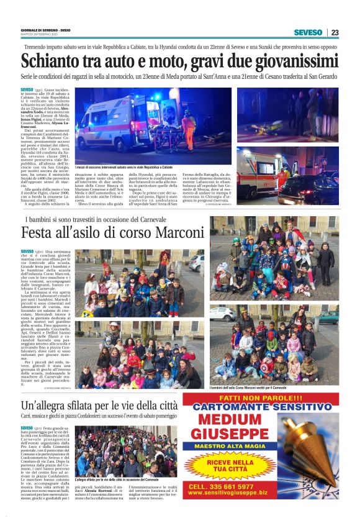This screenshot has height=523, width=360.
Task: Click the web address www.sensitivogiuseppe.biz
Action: tap(227, 493)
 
